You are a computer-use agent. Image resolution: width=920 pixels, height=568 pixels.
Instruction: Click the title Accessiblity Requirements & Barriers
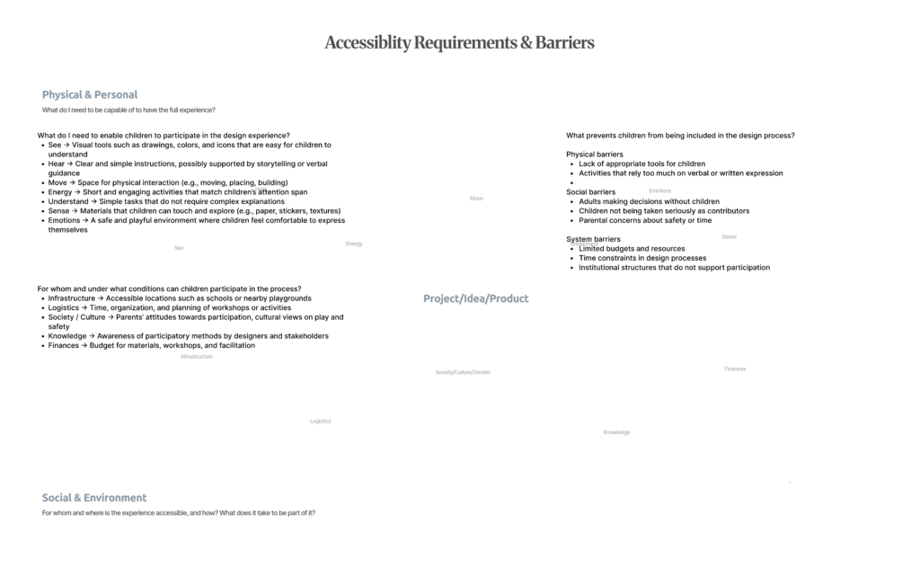coord(459,42)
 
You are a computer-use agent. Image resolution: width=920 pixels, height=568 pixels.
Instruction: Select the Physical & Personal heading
coord(90,94)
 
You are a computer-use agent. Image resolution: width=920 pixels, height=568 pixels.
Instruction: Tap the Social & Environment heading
coord(94,498)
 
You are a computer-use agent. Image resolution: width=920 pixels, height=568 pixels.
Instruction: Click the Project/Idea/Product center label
coord(476,298)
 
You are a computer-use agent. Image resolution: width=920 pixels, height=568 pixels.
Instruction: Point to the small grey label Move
coord(476,199)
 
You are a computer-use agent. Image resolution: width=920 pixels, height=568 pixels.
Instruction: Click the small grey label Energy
coord(354,244)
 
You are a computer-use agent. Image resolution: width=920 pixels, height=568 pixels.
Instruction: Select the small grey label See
coord(179,248)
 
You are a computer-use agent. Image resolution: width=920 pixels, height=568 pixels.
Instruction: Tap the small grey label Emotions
coord(659,191)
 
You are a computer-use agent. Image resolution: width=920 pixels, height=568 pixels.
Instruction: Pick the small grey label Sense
coord(729,237)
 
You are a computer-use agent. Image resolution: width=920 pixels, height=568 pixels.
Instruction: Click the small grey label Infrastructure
coord(197,357)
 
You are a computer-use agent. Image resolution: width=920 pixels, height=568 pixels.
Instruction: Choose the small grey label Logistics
coord(320,421)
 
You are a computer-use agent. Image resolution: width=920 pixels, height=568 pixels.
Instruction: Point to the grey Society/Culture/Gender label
coord(463,372)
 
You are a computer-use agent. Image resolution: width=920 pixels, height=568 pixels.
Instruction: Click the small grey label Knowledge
coord(616,432)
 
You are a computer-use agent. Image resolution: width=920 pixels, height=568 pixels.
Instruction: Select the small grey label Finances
coord(735,369)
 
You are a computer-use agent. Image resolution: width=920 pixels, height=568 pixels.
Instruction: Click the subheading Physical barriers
coord(594,155)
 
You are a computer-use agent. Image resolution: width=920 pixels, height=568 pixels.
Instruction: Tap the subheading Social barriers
coord(590,192)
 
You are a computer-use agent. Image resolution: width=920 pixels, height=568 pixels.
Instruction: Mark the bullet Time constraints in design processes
coord(642,258)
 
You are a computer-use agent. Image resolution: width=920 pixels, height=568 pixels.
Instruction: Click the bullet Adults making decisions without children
coord(649,201)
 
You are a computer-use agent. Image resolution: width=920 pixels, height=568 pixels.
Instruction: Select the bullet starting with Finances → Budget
coord(151,345)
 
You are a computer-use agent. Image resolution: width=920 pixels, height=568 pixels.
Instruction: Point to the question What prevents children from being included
coord(680,136)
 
